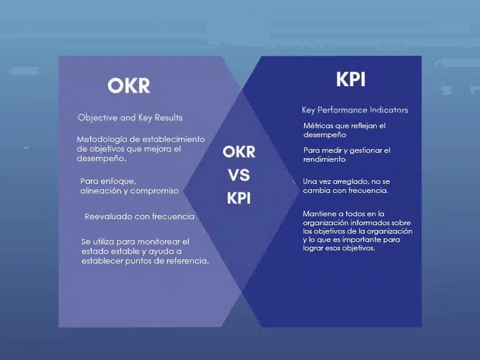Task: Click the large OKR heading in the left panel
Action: point(129,85)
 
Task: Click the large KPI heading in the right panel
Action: point(351,80)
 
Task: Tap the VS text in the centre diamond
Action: point(239,175)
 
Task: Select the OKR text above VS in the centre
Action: point(239,152)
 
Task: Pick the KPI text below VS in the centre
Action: point(239,198)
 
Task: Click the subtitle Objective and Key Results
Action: point(130,117)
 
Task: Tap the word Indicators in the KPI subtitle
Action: point(389,110)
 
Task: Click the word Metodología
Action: point(101,140)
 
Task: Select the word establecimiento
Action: point(173,140)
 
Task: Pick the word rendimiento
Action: point(325,159)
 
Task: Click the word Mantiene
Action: point(319,214)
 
